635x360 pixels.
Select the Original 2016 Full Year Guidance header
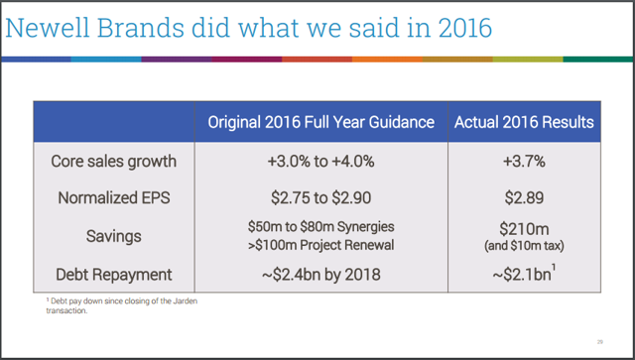tap(320, 123)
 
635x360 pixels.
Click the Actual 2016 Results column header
tap(524, 123)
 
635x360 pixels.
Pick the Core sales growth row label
tap(114, 161)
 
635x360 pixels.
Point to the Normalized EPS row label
tap(114, 197)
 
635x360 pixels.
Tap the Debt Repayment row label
tap(114, 273)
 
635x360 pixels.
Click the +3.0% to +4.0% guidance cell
tap(320, 161)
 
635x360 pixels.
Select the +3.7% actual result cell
tap(524, 161)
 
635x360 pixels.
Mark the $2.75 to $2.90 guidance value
tap(320, 197)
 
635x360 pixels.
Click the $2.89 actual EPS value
tap(524, 197)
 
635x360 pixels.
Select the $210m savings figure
tap(524, 229)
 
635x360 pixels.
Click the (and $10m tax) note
tap(524, 246)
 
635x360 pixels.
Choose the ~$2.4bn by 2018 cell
tap(320, 273)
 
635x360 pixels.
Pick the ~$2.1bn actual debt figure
tap(522, 273)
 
